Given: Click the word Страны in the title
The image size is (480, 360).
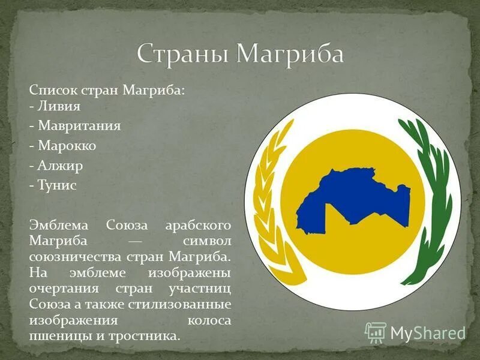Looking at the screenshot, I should pos(182,55).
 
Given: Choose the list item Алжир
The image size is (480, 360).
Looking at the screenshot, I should pos(60,166).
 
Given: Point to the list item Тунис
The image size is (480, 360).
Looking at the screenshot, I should pos(58,185).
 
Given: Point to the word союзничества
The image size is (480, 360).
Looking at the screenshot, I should pos(75,257).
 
